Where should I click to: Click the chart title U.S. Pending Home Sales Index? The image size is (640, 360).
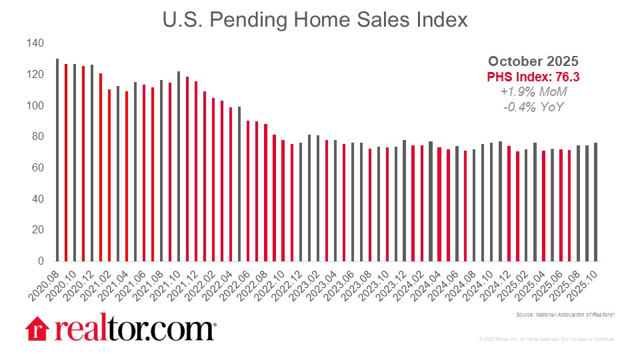[x=315, y=20]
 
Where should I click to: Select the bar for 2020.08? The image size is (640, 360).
[x=57, y=160]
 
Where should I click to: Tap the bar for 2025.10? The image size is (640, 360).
[x=595, y=201]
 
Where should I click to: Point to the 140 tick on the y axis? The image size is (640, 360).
[x=35, y=43]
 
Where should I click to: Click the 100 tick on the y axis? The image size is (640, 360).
[x=35, y=105]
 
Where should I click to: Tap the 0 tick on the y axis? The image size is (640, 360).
[x=39, y=261]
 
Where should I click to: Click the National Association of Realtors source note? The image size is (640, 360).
[x=565, y=313]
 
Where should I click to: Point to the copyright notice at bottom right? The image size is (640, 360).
[x=547, y=339]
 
